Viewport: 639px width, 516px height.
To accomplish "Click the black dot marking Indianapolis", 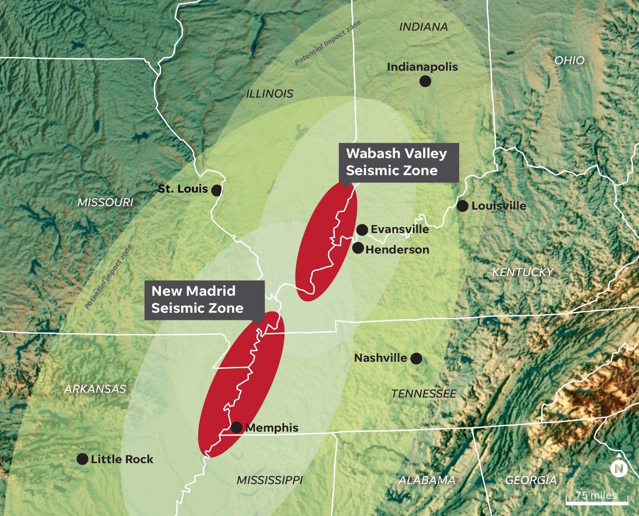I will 425,81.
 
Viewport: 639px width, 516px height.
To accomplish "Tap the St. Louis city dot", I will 216,190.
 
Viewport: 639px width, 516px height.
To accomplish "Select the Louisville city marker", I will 462,206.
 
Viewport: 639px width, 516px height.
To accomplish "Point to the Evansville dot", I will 362,230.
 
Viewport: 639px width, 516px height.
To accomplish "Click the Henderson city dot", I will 358,248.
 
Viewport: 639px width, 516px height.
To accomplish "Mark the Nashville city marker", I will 416,358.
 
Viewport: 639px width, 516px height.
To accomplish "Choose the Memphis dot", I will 236,427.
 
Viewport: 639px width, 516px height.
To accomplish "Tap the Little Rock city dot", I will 82,459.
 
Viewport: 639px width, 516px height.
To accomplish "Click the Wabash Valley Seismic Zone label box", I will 398,162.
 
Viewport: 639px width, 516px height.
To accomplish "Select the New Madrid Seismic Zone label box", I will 204,300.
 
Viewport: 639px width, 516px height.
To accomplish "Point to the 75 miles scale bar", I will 597,500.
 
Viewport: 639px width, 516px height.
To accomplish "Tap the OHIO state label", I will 569,61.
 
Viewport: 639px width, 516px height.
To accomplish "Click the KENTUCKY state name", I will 523,272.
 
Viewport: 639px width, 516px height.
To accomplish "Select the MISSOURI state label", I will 105,202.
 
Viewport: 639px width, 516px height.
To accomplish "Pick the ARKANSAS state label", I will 95,389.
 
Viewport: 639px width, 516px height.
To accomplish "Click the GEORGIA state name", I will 531,480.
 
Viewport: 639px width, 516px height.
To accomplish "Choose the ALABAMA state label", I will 427,480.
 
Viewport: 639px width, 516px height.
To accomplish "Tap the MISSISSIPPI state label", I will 270,480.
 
